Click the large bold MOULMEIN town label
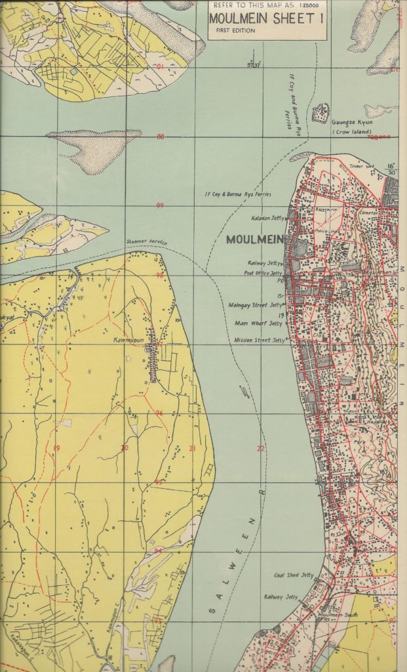pyautogui.click(x=254, y=240)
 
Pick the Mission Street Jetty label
pyautogui.click(x=260, y=341)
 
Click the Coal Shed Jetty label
pyautogui.click(x=294, y=575)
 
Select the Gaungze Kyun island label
pyautogui.click(x=351, y=123)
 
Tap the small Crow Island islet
pyautogui.click(x=320, y=113)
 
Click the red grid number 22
pyautogui.click(x=261, y=449)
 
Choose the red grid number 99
pyautogui.click(x=159, y=205)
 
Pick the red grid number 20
pyautogui.click(x=125, y=448)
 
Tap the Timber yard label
pyautogui.click(x=361, y=166)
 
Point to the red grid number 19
pyautogui.click(x=57, y=448)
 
